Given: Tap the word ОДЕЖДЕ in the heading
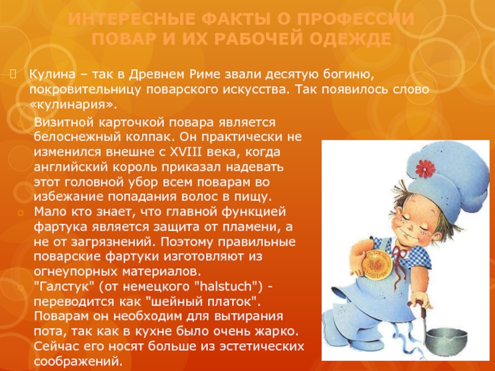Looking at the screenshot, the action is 350,39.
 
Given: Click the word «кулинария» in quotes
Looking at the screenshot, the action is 73,104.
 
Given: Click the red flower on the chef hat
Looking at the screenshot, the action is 425,169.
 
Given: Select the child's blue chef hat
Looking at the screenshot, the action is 445,177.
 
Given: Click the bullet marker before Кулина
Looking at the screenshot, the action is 13,74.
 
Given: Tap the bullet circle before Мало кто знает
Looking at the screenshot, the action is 20,213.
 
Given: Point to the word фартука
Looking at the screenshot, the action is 60,227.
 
